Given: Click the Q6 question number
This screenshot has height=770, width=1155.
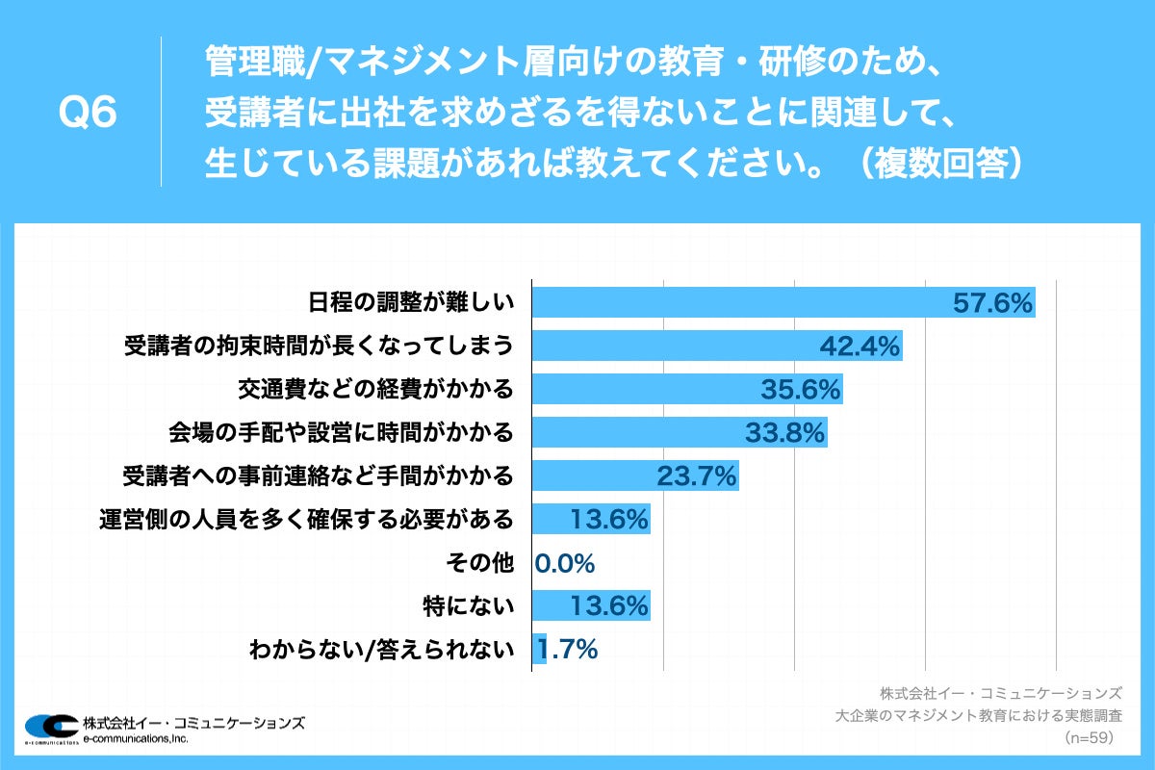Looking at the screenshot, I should click(x=88, y=114).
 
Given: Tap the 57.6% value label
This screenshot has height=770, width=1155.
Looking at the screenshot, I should click(x=992, y=302).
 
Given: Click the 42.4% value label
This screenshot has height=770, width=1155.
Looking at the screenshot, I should click(x=860, y=346).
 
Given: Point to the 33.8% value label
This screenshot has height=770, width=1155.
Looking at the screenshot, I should click(x=785, y=433).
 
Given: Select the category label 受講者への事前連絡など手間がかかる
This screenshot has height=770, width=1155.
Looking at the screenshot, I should click(x=319, y=475).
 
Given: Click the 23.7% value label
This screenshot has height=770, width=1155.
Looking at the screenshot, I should click(x=696, y=475).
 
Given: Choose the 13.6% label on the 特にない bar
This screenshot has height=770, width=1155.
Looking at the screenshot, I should click(x=608, y=606).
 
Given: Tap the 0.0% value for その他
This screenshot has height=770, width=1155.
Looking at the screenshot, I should click(x=566, y=563).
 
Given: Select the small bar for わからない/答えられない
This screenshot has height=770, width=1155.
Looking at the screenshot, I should click(x=540, y=650).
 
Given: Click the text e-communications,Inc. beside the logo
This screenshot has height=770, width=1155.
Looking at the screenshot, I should click(x=136, y=738).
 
